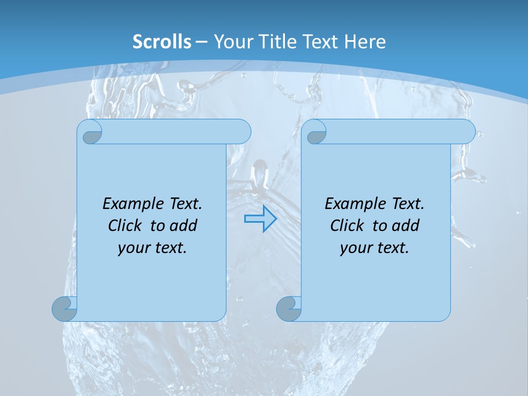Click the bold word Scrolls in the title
point(162,42)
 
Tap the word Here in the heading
point(365,42)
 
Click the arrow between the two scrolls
point(260,219)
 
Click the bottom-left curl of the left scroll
point(65,309)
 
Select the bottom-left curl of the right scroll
point(289,309)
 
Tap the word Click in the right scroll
point(347,226)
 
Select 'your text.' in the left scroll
point(152,248)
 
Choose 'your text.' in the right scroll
point(375,248)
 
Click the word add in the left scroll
point(184,226)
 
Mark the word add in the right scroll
point(406,226)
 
